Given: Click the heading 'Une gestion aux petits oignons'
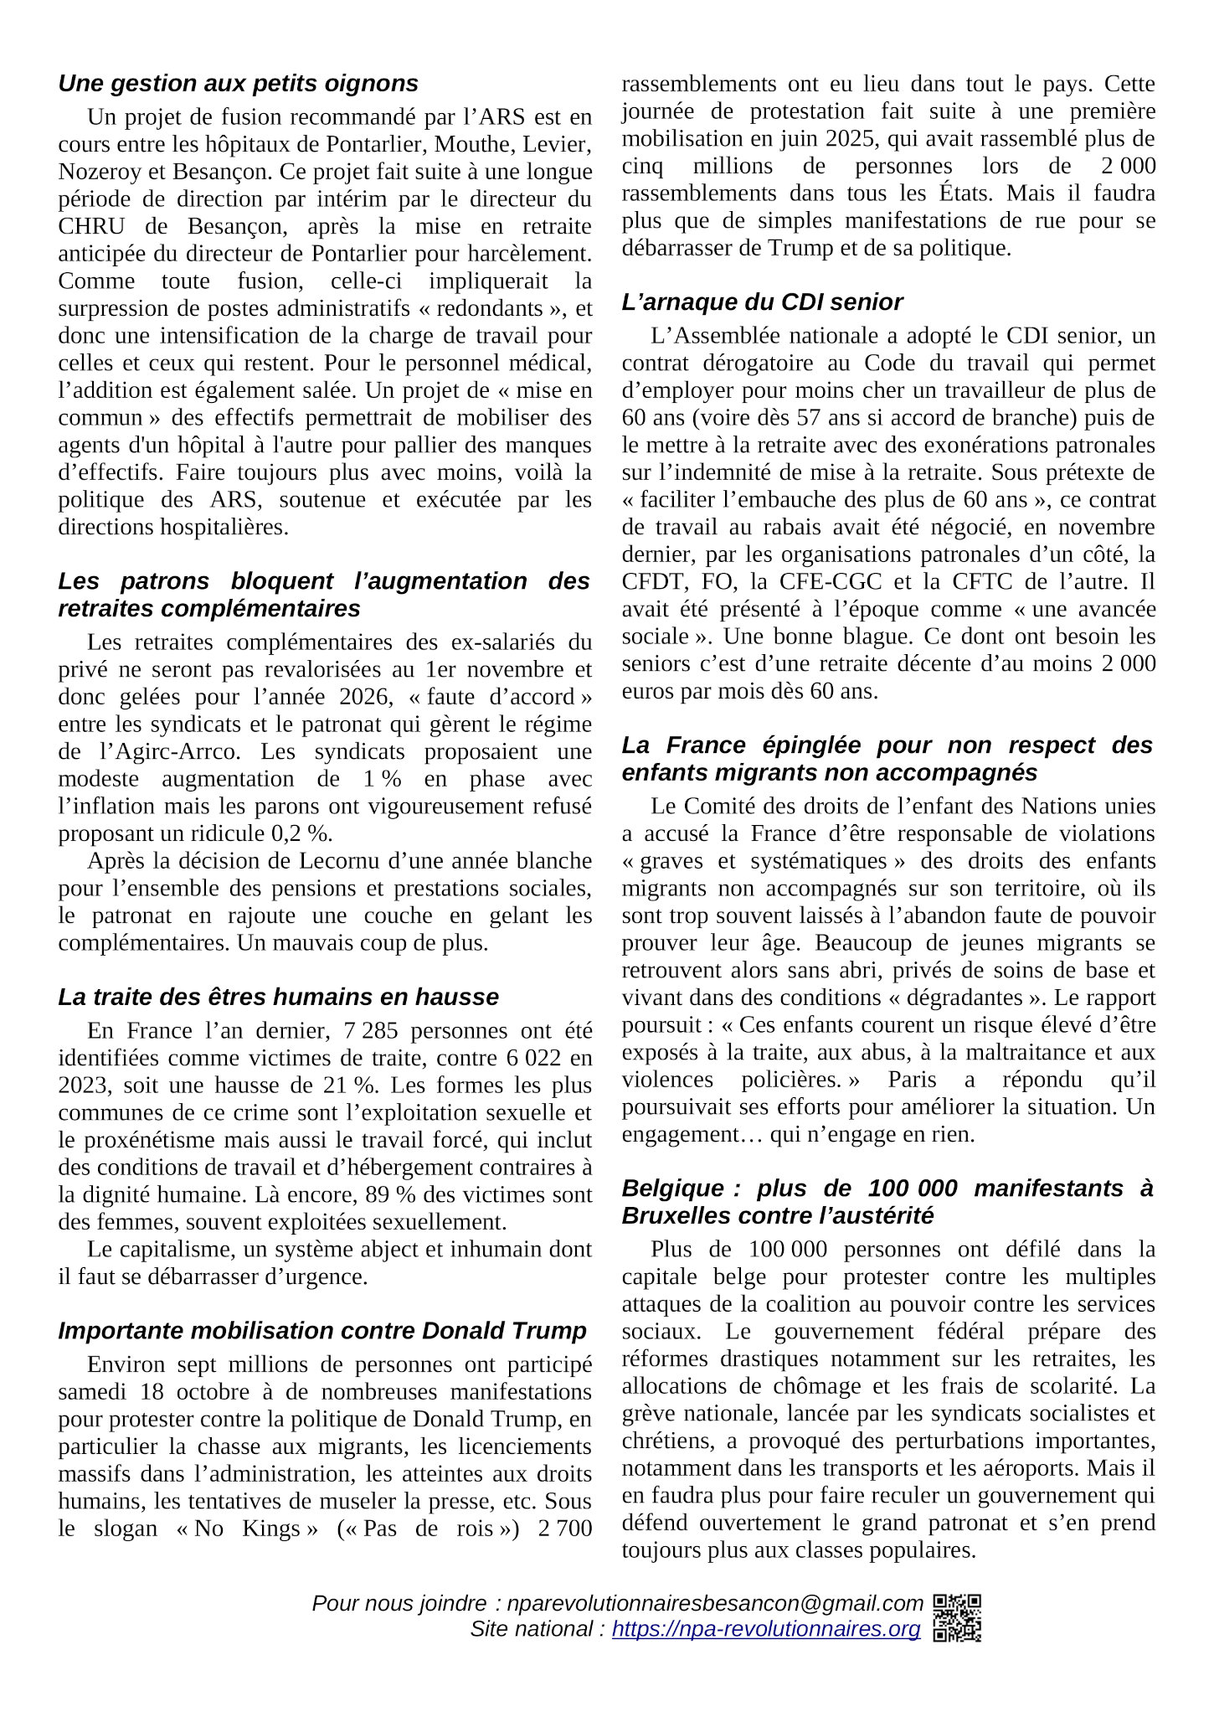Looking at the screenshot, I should coord(238,84).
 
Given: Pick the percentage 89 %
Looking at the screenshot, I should coord(393,1195).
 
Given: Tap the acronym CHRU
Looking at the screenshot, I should coord(91,227).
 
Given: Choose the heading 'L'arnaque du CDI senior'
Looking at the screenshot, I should coord(762,302).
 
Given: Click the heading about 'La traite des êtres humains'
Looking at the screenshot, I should coord(278,998).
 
